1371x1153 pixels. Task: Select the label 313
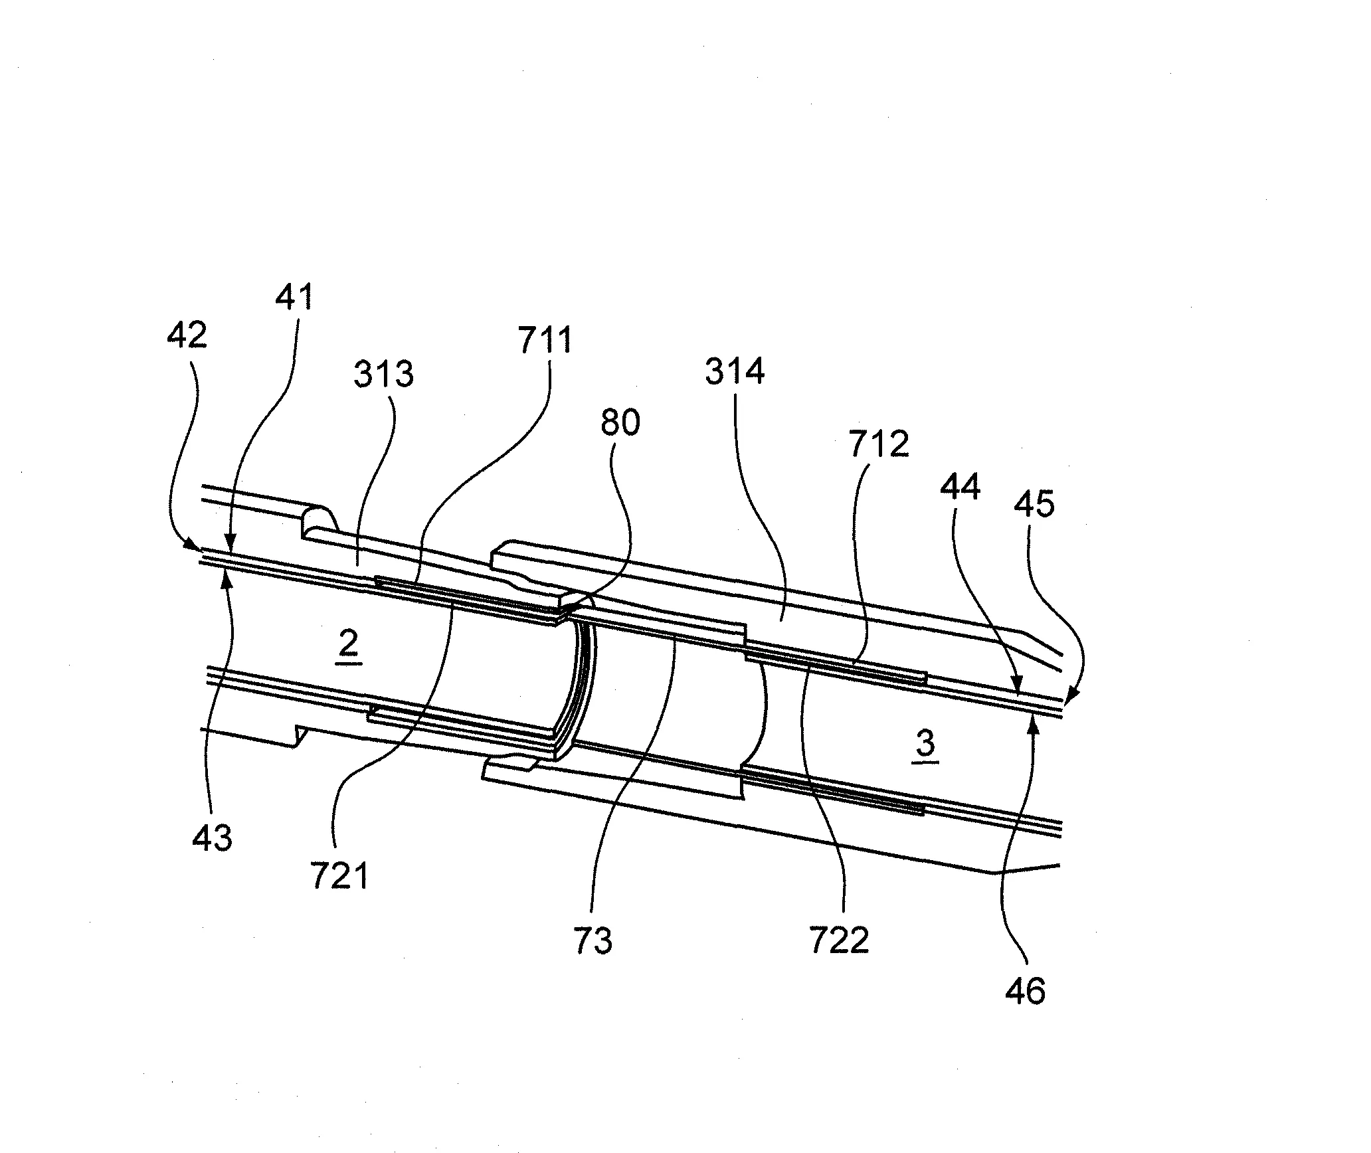[x=383, y=374]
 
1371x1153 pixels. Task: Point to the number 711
[x=545, y=341]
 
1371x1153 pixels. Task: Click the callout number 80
[x=620, y=422]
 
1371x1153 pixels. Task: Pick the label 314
[x=735, y=372]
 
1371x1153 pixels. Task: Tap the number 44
[x=960, y=488]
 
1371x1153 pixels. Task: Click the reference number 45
[x=1034, y=505]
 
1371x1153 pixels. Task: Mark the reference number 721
[x=339, y=876]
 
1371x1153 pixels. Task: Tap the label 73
[x=593, y=940]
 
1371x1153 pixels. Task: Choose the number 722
[x=839, y=940]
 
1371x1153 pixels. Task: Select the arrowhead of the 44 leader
[x=1017, y=685]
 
